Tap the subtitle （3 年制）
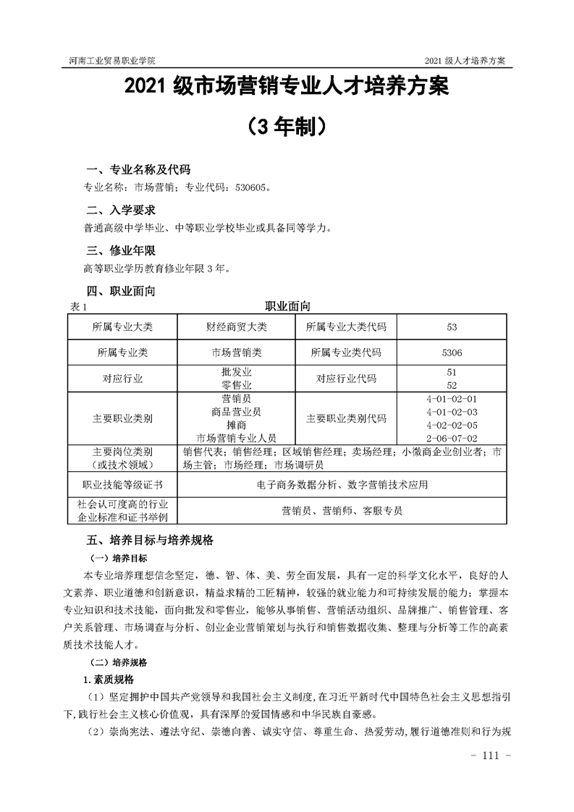[286, 127]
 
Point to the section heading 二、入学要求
[119, 211]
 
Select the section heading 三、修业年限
[119, 252]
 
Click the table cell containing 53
[452, 327]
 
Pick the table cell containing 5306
[452, 352]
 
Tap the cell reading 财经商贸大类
[237, 327]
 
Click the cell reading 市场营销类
[237, 352]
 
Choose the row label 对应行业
[122, 378]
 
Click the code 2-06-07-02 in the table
[452, 438]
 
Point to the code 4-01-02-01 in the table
[452, 399]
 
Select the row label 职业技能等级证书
[122, 484]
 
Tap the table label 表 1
[77, 307]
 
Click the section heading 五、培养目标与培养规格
[150, 540]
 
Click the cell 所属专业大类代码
[346, 327]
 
